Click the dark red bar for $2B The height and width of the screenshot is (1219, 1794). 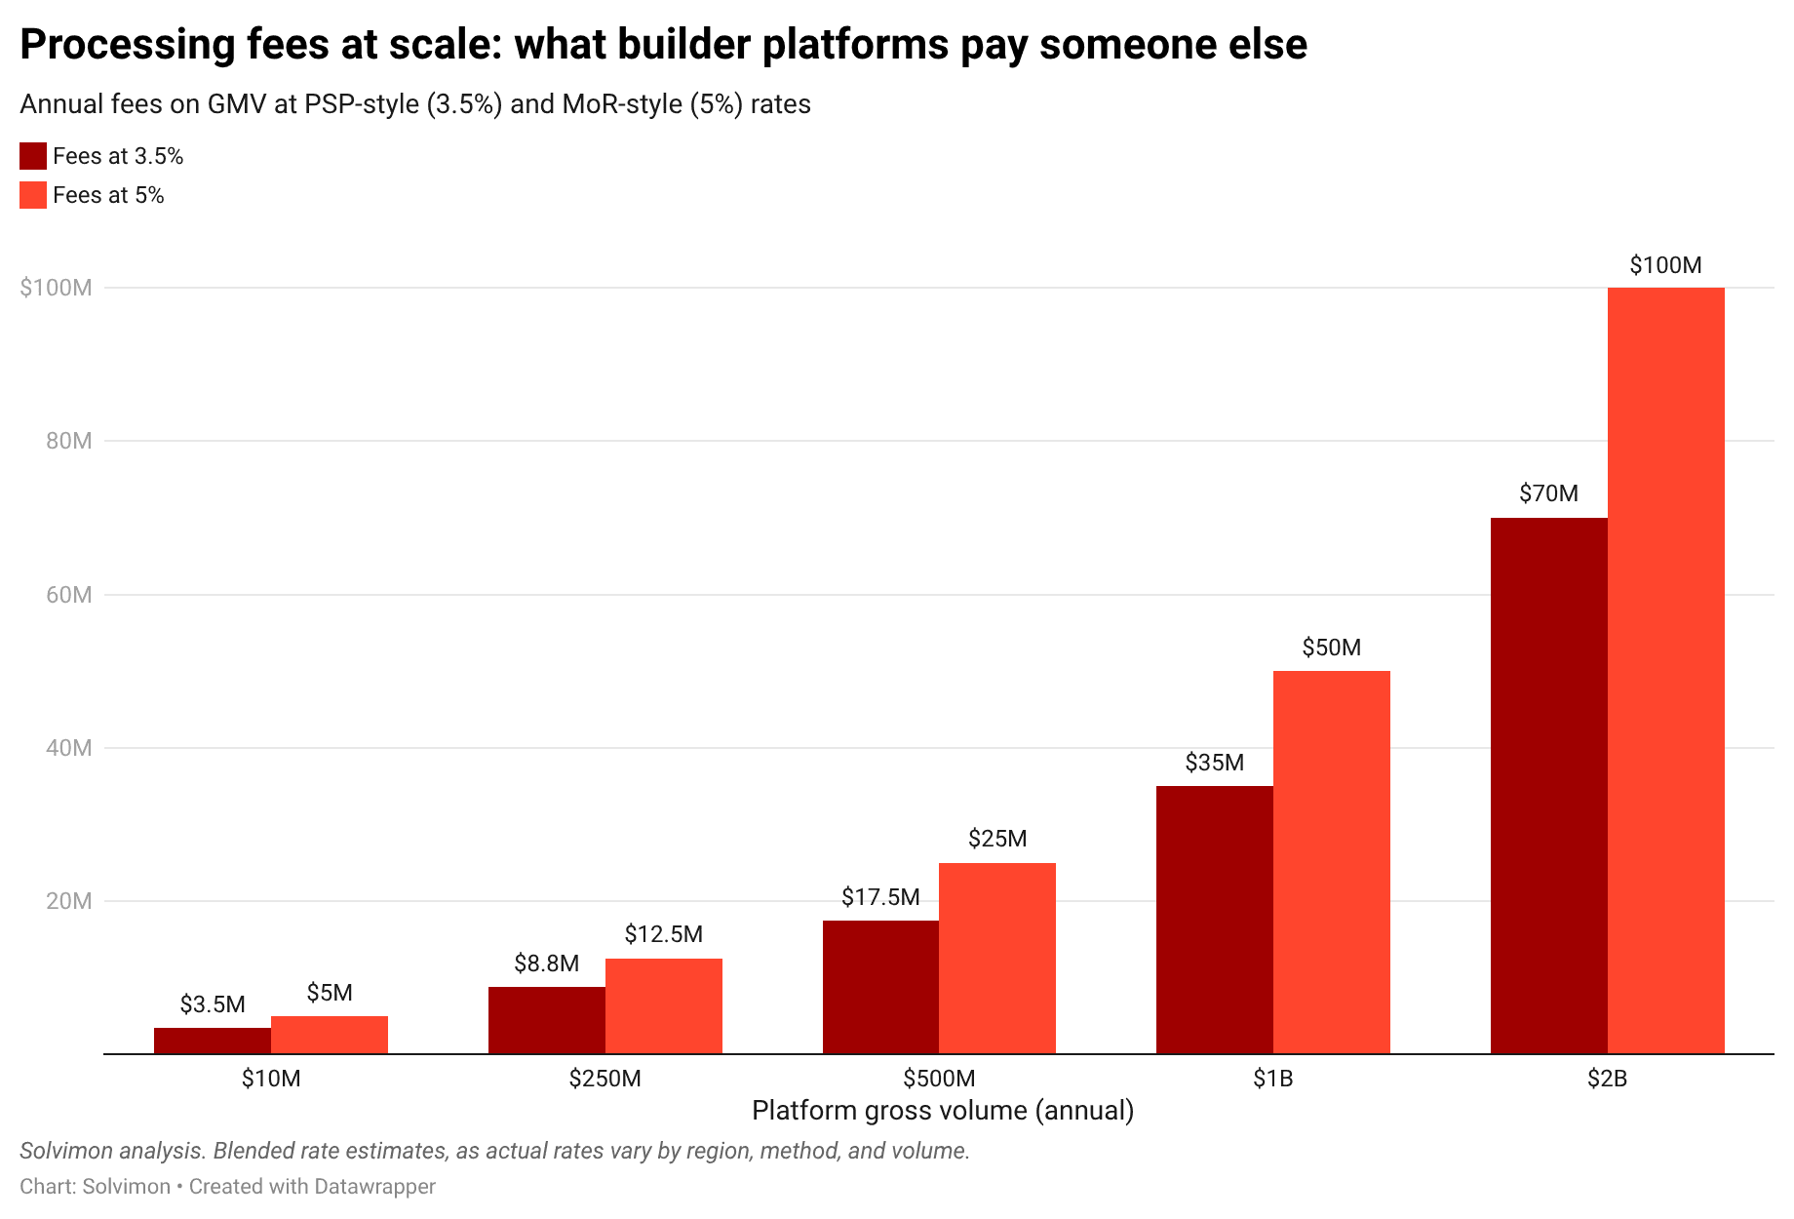[1548, 785]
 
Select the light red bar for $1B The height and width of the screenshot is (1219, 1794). [1331, 862]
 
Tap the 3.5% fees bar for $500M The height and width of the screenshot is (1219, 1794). [880, 987]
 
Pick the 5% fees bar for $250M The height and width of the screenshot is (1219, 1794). [663, 1005]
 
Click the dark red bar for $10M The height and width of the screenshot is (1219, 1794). [213, 1041]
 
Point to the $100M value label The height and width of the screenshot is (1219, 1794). [1665, 265]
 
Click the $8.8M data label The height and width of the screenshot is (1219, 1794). [546, 964]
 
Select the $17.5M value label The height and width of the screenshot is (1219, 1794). [880, 897]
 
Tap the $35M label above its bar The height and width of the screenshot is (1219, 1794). [1214, 763]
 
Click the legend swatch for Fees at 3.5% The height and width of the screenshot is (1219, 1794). [33, 156]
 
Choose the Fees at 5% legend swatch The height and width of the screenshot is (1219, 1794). [33, 195]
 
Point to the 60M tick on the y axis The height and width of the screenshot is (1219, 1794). [69, 595]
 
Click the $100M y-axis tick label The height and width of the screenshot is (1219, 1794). [57, 288]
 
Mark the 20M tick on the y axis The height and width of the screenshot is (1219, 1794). [69, 901]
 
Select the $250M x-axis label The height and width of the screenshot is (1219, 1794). [605, 1079]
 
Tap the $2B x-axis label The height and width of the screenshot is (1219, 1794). [1607, 1079]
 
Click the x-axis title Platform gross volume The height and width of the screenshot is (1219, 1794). [942, 1111]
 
